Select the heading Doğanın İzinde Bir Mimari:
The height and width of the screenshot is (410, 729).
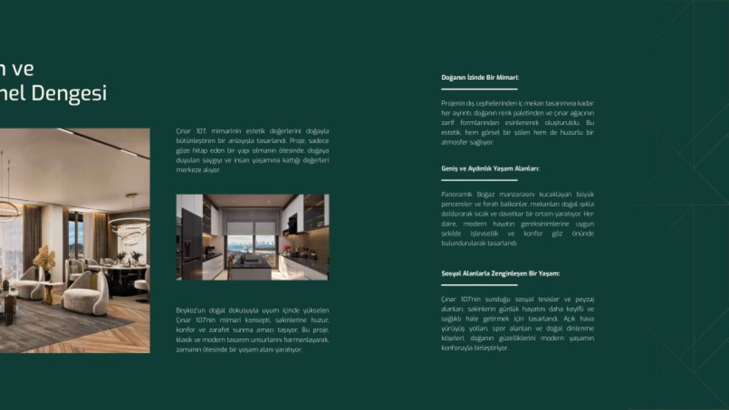[x=480, y=77]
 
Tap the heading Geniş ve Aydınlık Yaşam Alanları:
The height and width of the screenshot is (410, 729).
[x=490, y=169]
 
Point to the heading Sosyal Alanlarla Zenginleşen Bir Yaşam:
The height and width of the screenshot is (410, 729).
[x=500, y=273]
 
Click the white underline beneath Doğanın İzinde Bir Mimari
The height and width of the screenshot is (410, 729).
[x=479, y=89]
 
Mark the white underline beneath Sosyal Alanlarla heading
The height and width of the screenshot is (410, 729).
[x=479, y=285]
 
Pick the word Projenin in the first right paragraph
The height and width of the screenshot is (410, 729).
[x=453, y=103]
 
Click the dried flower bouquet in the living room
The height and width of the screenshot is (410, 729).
[x=44, y=259]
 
